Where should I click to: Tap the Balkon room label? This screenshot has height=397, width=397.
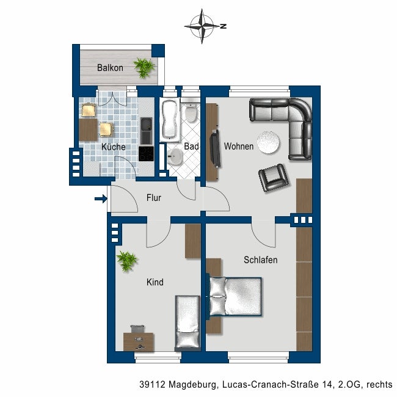110,68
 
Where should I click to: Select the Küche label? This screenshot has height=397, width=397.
113,147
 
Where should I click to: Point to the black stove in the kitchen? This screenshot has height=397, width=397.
147,153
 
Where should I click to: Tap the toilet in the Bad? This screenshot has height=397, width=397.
191,114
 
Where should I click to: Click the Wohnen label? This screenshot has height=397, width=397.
238,147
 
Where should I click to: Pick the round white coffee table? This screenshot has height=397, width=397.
269,142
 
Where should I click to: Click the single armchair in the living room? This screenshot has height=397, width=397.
273,178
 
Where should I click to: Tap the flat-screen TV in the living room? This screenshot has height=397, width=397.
214,148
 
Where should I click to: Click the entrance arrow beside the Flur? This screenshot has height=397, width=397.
100,198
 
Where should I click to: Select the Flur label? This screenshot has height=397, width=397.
154,198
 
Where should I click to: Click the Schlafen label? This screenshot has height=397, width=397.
260,260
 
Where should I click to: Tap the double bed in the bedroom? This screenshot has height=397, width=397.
236,297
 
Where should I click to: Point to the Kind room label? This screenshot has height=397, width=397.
155,283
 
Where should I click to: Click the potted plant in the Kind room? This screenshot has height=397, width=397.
128,261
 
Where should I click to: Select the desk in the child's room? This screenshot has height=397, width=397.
139,340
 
